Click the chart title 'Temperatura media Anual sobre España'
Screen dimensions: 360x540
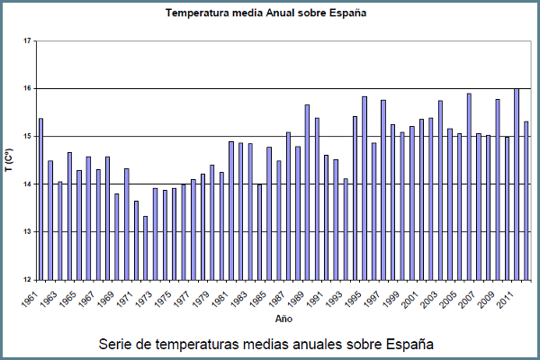coord(269,14)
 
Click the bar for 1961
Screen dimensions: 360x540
coord(40,199)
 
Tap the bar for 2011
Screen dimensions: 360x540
coord(516,184)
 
